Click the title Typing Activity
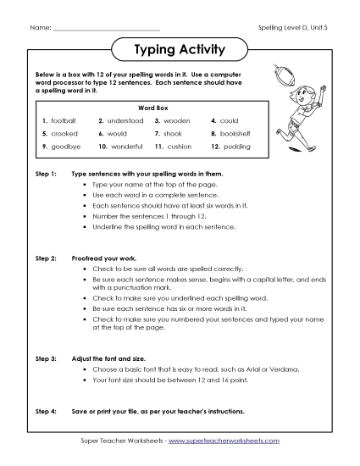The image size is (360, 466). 180,50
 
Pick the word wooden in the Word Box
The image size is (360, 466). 179,121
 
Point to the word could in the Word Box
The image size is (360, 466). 230,121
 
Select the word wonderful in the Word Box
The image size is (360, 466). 127,147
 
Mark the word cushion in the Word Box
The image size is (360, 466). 180,147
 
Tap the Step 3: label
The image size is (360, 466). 46,359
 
